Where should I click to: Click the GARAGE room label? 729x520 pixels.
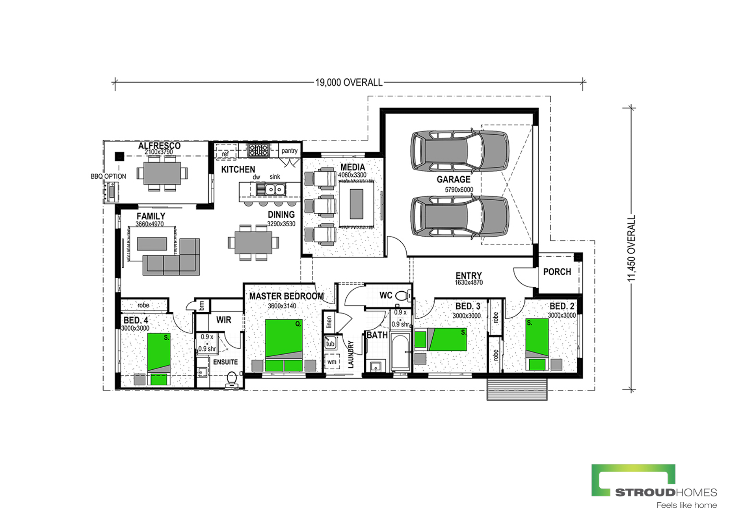454,180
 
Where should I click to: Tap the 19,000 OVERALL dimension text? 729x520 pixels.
349,83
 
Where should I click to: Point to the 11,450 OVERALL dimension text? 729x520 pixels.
632,248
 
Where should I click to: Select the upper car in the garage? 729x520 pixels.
459,151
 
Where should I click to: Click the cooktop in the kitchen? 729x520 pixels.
258,150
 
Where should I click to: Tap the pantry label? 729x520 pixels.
289,151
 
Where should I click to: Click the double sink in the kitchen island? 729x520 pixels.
275,190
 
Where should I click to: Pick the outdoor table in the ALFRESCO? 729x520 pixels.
162,173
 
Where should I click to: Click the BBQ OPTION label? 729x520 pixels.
108,176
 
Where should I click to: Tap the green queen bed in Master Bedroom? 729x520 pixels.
284,345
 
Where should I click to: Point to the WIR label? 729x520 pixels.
224,320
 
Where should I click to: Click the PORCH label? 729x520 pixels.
557,272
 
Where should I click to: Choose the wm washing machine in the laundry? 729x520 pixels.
332,362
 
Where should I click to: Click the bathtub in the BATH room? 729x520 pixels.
400,352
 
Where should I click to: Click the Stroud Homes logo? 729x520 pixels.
654,487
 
